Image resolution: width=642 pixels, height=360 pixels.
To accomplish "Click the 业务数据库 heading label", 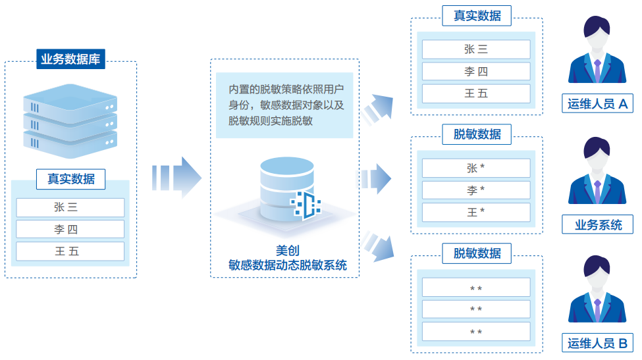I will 70,59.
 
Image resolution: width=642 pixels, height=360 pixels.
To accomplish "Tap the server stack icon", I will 70,118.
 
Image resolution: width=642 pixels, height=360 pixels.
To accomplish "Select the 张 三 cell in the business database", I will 70,207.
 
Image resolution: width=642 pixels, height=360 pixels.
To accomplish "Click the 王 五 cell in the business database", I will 70,251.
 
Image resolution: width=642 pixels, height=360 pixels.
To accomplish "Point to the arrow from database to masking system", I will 176,177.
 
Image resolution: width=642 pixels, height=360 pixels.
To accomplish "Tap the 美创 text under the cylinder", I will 287,251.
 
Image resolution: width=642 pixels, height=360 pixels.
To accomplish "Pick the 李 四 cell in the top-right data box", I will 475,72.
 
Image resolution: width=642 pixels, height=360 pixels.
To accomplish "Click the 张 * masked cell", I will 475,168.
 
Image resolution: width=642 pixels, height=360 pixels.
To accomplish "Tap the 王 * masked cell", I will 475,212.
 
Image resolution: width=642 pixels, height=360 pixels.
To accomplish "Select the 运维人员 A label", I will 597,103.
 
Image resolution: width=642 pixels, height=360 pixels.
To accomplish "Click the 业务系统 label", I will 598,224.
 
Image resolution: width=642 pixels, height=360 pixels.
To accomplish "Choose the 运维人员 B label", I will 597,343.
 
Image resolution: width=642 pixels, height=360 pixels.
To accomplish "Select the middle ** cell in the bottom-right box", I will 475,309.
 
